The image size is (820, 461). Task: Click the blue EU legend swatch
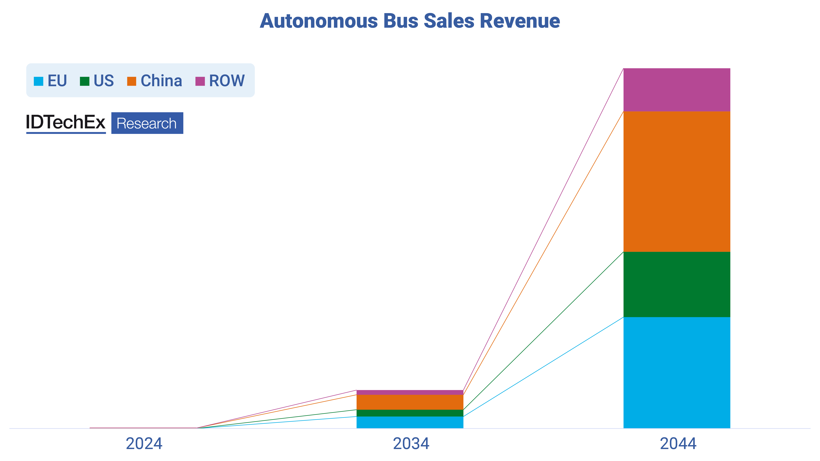tap(39, 81)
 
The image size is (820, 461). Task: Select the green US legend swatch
tap(85, 81)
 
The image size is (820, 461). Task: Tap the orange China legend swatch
tap(132, 81)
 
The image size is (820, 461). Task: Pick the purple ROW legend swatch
tap(200, 81)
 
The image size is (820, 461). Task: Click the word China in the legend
tap(161, 81)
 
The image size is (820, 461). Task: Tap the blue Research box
tap(147, 123)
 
